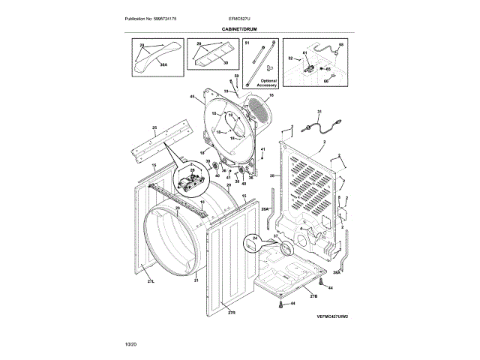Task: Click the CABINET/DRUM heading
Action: pyautogui.click(x=239, y=28)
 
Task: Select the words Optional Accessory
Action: pyautogui.click(x=268, y=83)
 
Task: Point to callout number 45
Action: pyautogui.click(x=192, y=97)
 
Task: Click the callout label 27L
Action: pyautogui.click(x=150, y=281)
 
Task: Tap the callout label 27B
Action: pyautogui.click(x=313, y=296)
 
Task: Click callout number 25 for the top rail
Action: pyautogui.click(x=154, y=127)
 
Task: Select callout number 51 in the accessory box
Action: pyautogui.click(x=247, y=45)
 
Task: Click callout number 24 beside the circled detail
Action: pyautogui.click(x=254, y=238)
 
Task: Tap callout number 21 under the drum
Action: pyautogui.click(x=196, y=280)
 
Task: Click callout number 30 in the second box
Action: pyautogui.click(x=225, y=63)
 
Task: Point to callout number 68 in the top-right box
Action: pyautogui.click(x=339, y=45)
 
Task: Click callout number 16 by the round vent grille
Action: pyautogui.click(x=271, y=95)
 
